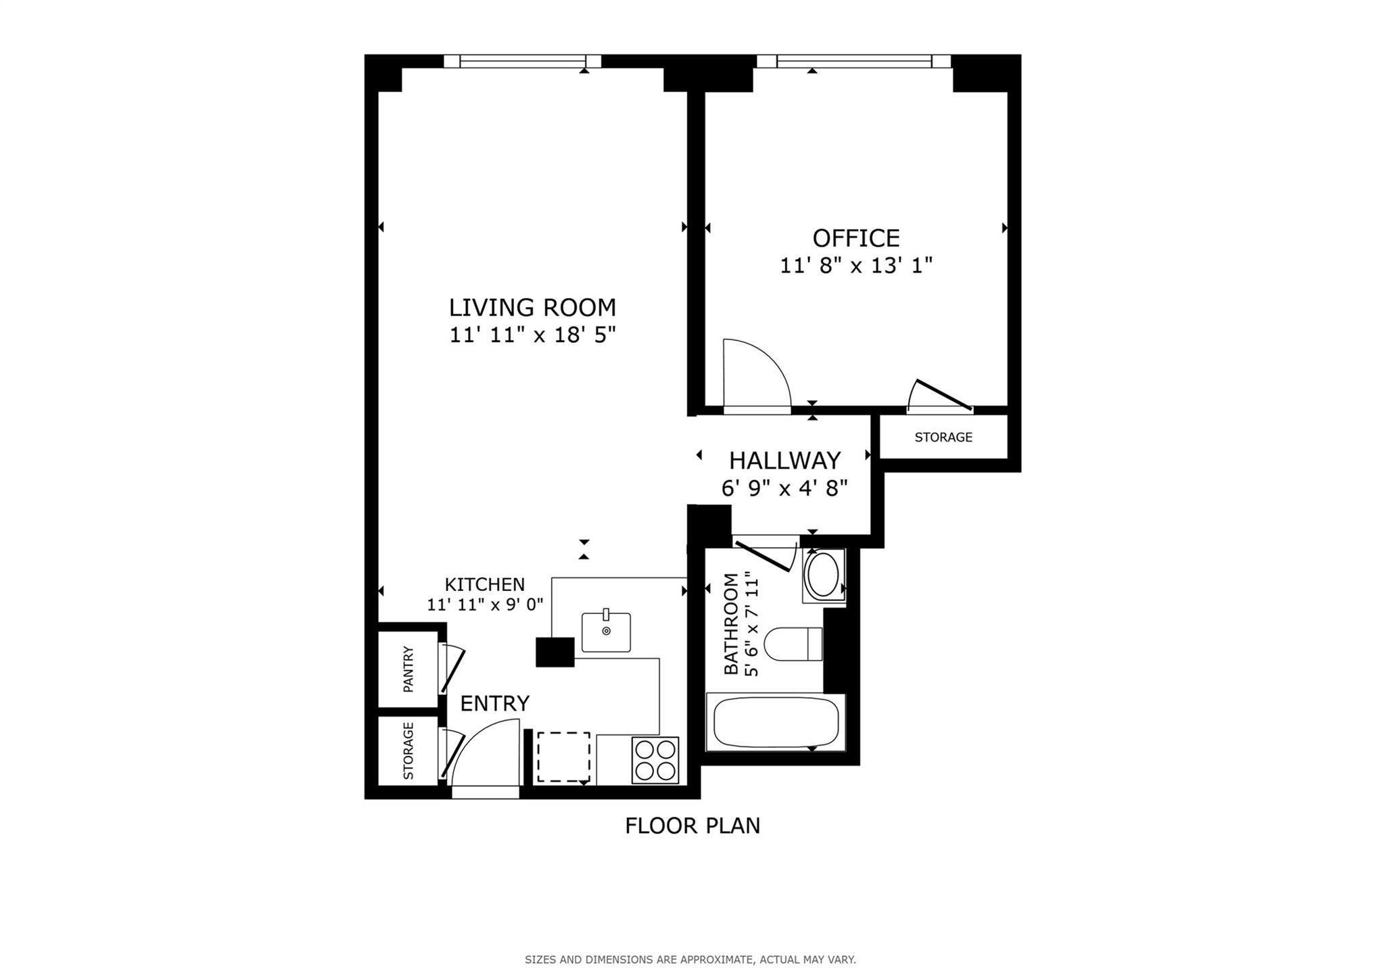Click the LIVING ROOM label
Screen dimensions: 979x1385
click(x=532, y=308)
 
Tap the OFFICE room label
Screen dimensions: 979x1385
click(x=855, y=239)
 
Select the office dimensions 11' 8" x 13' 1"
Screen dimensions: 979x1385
click(x=855, y=266)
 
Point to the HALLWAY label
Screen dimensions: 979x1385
click(x=784, y=460)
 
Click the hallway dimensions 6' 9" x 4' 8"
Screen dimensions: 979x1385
click(x=784, y=487)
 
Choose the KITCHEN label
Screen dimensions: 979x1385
click(x=484, y=584)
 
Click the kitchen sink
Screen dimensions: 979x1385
click(x=606, y=632)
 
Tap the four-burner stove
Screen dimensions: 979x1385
click(x=655, y=760)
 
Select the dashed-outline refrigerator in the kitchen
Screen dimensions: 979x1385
click(x=563, y=757)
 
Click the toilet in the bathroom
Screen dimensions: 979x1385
click(x=792, y=644)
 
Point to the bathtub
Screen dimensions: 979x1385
click(x=776, y=723)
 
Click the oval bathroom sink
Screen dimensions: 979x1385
click(x=823, y=575)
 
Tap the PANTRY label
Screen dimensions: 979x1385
click(x=408, y=669)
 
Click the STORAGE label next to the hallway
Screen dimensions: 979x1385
click(x=943, y=437)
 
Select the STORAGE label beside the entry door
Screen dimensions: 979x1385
click(x=408, y=750)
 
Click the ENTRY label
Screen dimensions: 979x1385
click(x=494, y=704)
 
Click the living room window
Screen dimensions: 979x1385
click(x=522, y=62)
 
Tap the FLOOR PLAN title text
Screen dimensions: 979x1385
click(x=692, y=826)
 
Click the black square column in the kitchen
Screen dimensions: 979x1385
click(x=555, y=652)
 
